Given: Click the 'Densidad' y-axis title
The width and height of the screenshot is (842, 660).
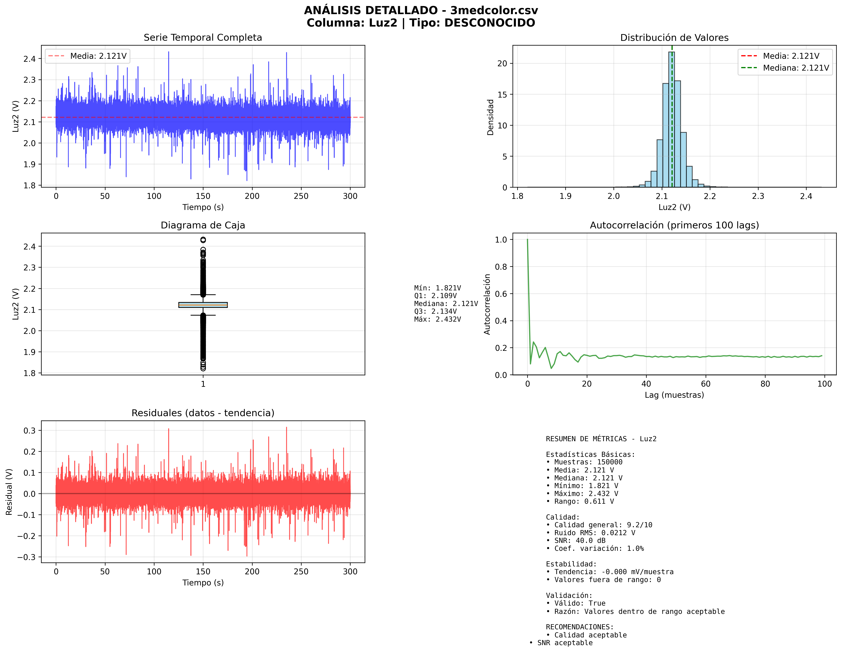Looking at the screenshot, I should click(x=490, y=117).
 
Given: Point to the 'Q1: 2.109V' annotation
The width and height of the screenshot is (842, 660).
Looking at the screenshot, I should click(x=435, y=296).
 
